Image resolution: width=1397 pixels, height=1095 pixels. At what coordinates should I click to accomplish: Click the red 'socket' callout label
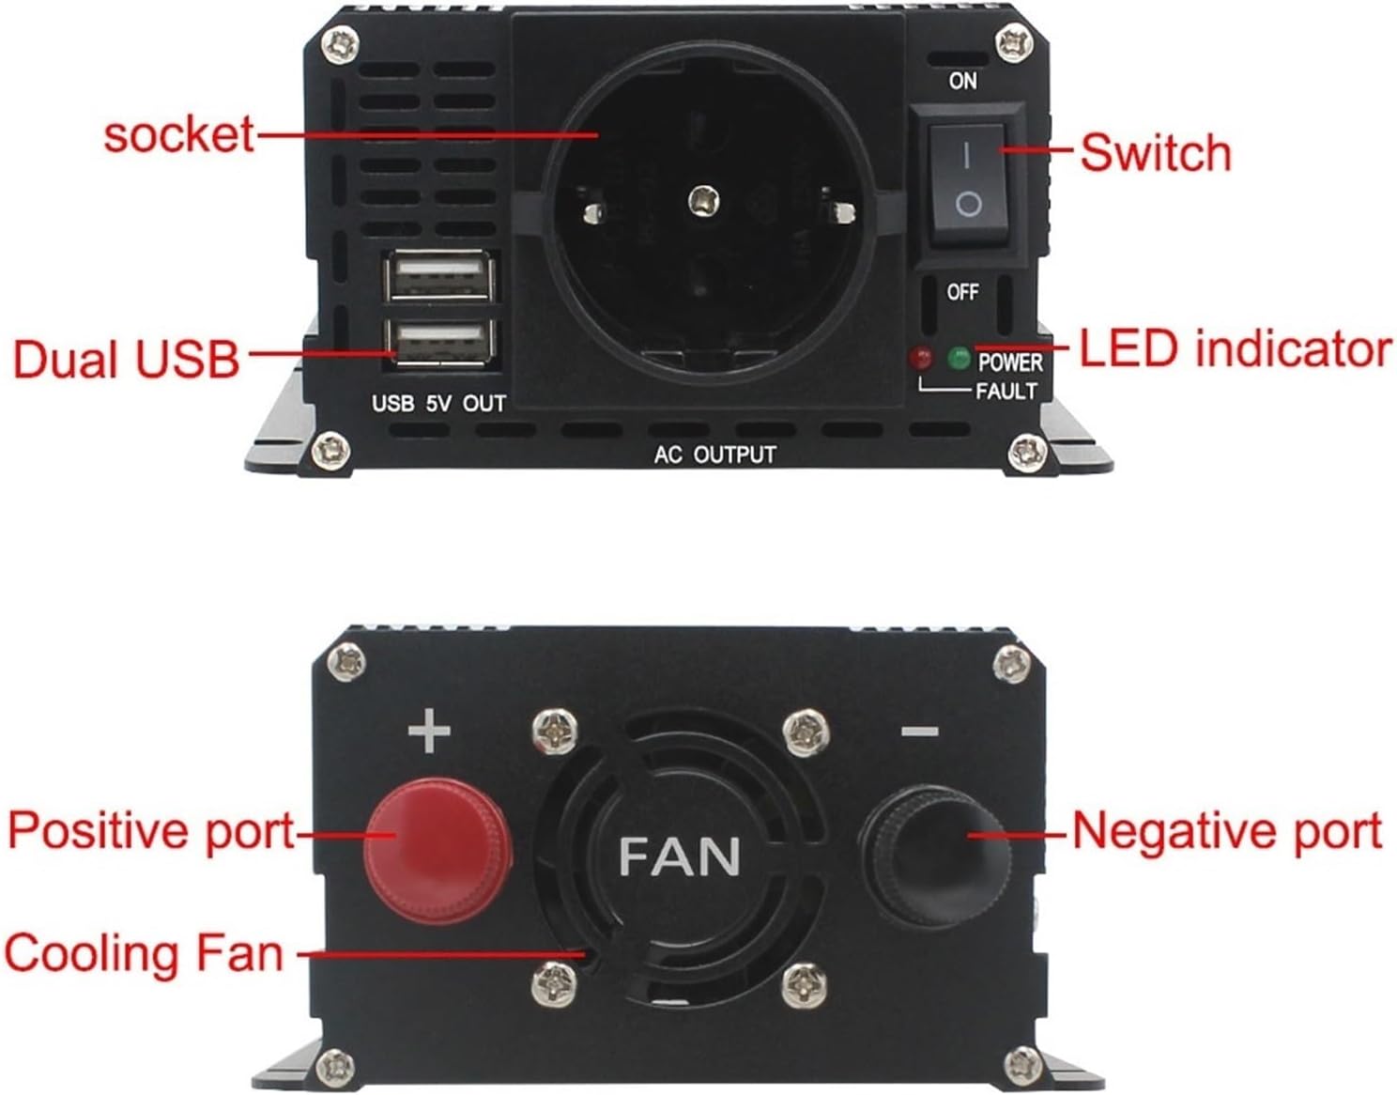click(x=177, y=134)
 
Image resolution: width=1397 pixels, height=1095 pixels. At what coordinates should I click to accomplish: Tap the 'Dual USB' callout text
click(x=126, y=360)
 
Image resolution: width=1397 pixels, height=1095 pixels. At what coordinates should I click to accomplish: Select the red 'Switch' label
click(x=1155, y=152)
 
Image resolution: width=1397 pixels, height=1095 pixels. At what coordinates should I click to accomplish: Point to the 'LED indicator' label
click(x=1235, y=348)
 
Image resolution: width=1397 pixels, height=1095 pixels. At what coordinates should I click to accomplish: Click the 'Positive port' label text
click(x=150, y=831)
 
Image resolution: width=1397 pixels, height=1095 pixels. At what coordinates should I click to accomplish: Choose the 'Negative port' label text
click(x=1226, y=831)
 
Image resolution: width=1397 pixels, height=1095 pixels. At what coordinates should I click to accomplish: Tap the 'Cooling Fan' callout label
click(x=144, y=953)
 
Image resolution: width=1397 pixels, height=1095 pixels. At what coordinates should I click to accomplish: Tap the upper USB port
click(x=438, y=277)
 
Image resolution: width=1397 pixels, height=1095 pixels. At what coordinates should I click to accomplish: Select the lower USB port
click(x=438, y=341)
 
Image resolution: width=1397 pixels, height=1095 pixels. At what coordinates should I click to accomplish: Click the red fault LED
click(x=920, y=358)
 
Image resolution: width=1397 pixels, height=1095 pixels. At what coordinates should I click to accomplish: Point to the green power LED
click(x=959, y=358)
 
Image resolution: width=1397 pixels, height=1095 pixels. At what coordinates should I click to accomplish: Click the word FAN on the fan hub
click(x=679, y=856)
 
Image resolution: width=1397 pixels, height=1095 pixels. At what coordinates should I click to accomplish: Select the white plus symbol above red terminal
click(x=429, y=731)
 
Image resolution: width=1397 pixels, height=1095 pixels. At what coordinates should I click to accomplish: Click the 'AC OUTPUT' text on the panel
click(x=714, y=455)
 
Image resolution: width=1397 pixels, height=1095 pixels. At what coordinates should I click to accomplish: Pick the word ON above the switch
click(x=962, y=81)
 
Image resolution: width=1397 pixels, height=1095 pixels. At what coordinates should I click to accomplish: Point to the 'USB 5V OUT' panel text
click(x=438, y=404)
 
